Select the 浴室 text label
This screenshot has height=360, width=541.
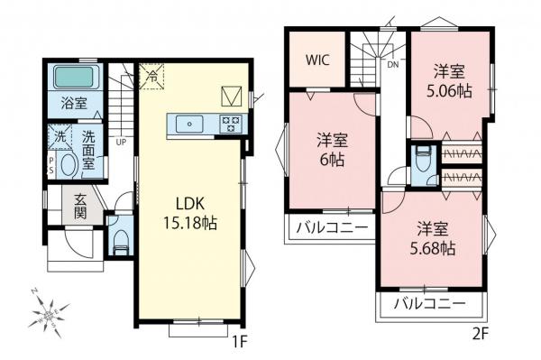[75, 103]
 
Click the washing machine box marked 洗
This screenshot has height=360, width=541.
[58, 138]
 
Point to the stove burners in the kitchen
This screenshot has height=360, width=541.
[231, 125]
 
